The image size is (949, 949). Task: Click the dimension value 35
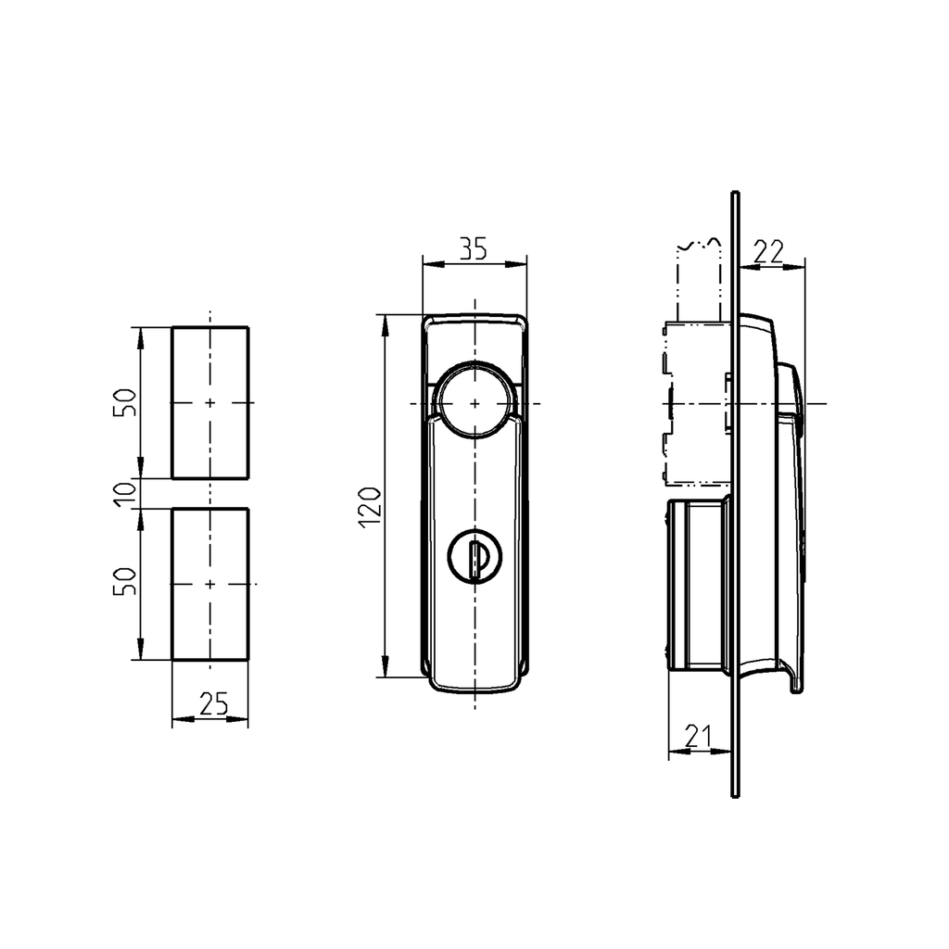pyautogui.click(x=474, y=247)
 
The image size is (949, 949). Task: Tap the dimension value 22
pyautogui.click(x=769, y=251)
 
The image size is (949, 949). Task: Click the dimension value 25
pyautogui.click(x=214, y=704)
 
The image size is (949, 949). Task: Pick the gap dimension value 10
pyautogui.click(x=129, y=493)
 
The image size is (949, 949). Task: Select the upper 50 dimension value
pyautogui.click(x=128, y=402)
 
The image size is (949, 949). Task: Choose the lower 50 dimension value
pyautogui.click(x=128, y=583)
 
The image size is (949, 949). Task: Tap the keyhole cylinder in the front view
pyautogui.click(x=474, y=556)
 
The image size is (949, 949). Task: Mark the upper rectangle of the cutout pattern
pyautogui.click(x=209, y=402)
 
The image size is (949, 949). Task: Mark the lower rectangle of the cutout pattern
pyautogui.click(x=209, y=584)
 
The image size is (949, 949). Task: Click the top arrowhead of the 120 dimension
pyautogui.click(x=383, y=321)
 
